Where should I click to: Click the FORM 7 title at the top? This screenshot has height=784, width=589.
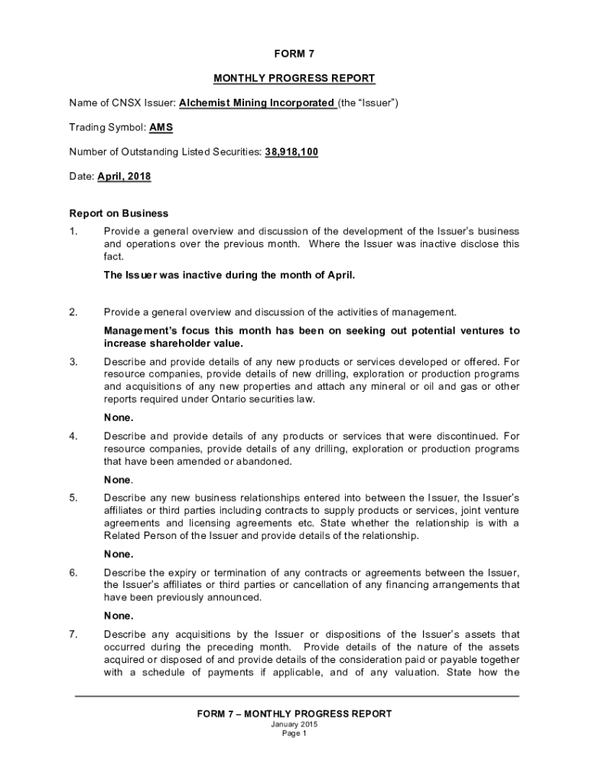pos(294,54)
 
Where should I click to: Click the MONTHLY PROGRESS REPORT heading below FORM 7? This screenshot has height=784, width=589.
pos(294,78)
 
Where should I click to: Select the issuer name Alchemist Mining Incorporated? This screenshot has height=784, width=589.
pos(257,103)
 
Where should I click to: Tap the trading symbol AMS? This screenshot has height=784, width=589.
pos(161,127)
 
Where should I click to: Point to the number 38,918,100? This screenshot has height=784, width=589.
pos(291,152)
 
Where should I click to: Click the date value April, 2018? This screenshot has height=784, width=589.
pos(124,176)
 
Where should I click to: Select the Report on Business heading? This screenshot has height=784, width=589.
pos(119,213)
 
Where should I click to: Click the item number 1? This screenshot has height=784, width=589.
pos(73,231)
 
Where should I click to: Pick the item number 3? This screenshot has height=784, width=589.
pos(73,361)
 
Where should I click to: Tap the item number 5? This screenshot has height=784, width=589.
pos(73,498)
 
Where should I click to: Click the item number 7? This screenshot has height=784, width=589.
pos(73,634)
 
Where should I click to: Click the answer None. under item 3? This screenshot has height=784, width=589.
pos(119,418)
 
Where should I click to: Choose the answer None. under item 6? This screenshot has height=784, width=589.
pos(119,616)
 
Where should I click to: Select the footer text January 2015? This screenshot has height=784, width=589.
pos(294,724)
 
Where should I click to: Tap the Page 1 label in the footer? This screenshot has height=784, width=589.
pos(294,733)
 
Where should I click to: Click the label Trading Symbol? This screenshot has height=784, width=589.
pos(107,127)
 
